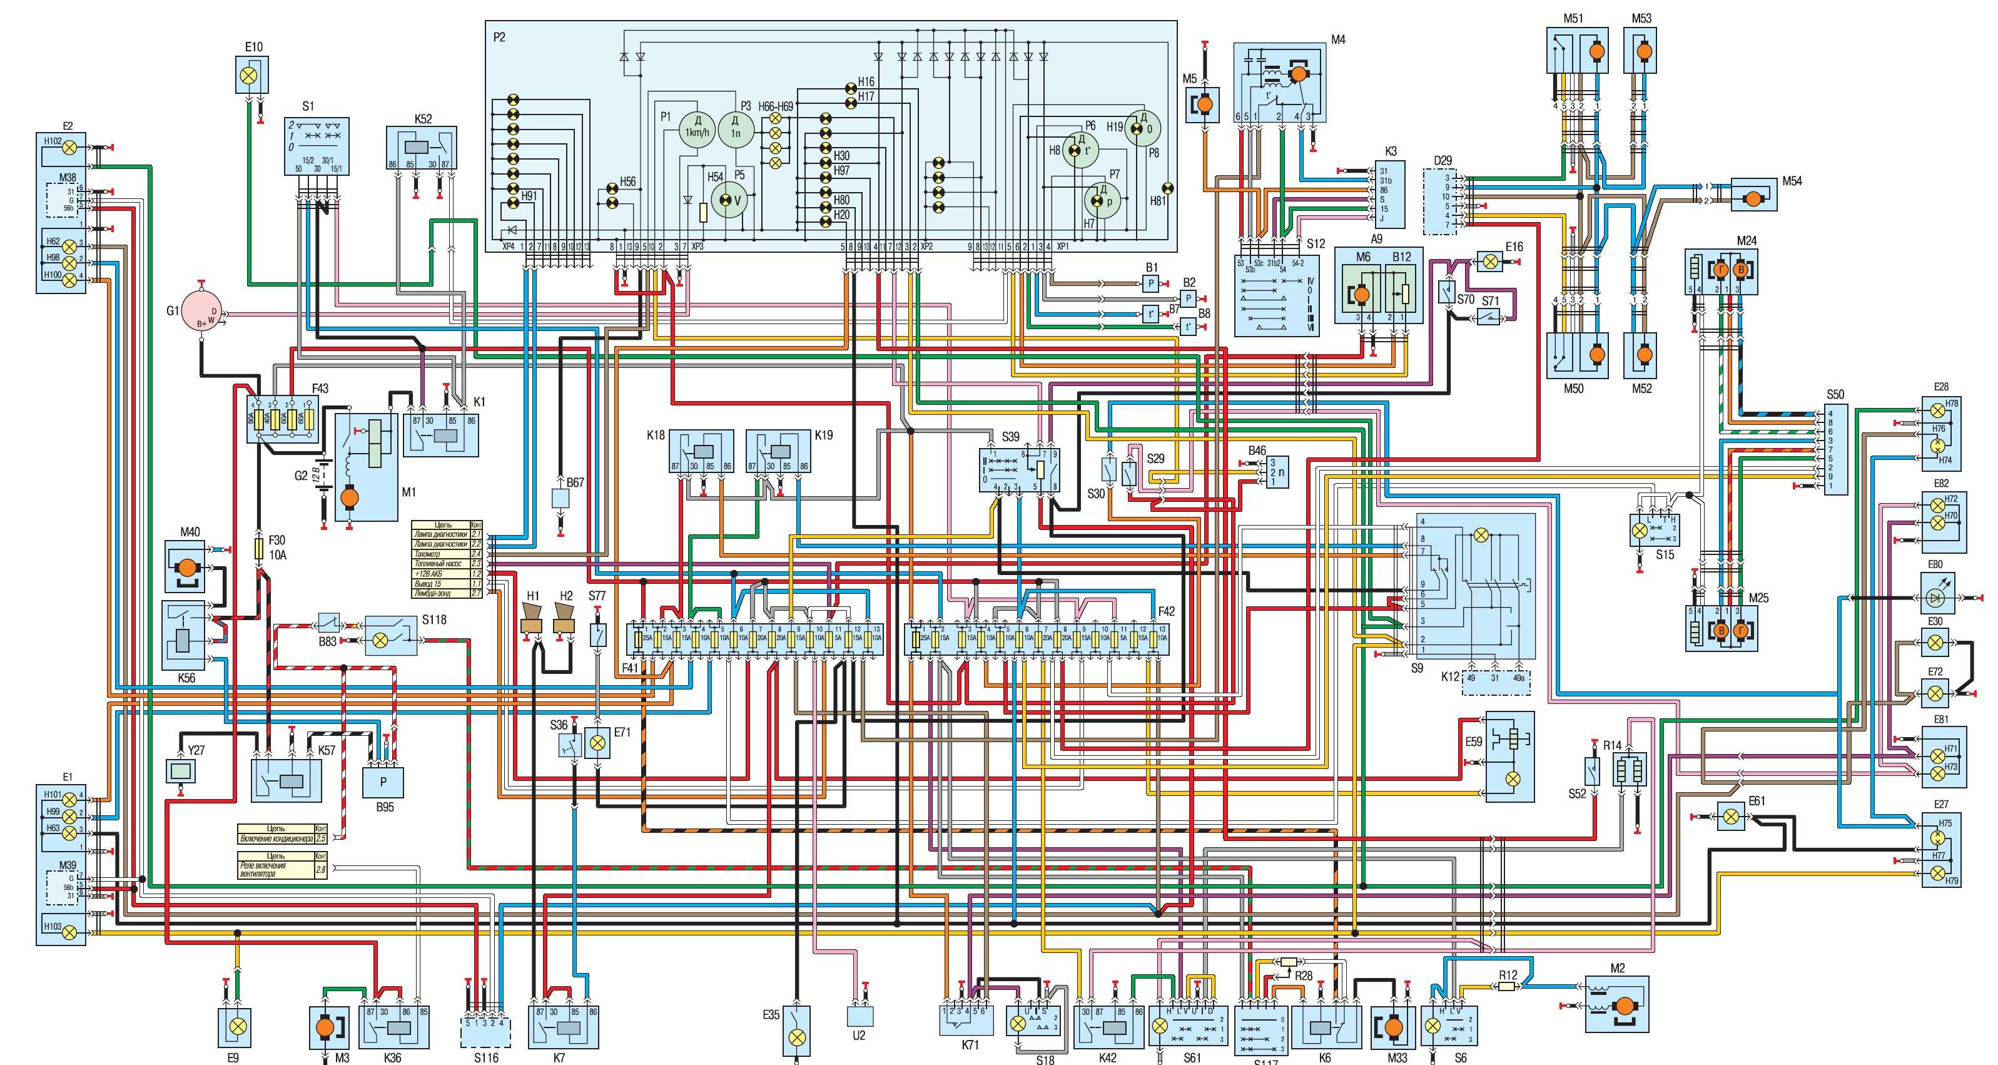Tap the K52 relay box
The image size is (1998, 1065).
421,148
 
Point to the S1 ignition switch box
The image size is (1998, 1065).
317,146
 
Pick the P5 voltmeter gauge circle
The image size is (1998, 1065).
728,200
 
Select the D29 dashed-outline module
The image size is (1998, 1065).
1442,201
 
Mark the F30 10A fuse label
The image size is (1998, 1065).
277,548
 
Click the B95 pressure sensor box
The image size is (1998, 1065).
383,783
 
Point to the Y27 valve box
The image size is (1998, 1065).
182,771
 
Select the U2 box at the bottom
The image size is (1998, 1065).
860,1016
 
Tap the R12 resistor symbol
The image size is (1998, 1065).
1506,987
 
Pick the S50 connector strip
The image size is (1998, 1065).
1835,449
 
